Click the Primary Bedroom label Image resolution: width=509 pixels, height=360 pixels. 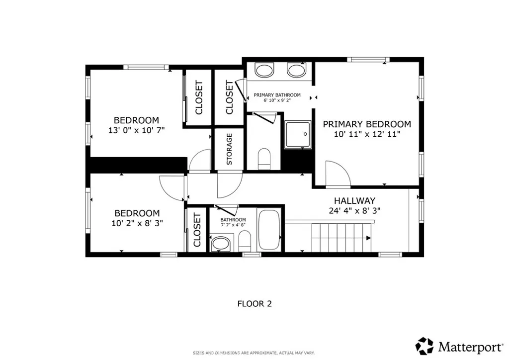click(x=367, y=124)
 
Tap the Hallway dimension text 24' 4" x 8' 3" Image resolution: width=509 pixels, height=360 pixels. click(x=354, y=211)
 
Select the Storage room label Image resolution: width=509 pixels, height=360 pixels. click(x=229, y=149)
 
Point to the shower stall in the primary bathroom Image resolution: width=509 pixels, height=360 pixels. click(x=298, y=135)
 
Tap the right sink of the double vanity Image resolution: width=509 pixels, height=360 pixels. click(x=296, y=70)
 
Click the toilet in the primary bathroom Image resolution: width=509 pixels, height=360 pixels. click(x=264, y=159)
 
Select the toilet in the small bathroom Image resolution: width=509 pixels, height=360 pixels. click(x=245, y=241)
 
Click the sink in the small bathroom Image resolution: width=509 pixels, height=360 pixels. click(x=221, y=244)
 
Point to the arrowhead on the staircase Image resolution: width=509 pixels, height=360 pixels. click(x=368, y=238)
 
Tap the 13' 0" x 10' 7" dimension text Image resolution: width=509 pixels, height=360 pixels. click(x=136, y=130)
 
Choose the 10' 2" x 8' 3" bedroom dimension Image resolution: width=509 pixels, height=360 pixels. click(x=137, y=223)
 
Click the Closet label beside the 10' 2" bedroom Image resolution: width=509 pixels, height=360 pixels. click(x=197, y=230)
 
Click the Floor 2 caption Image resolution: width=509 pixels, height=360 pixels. click(x=254, y=304)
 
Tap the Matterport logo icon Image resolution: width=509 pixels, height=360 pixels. click(x=424, y=346)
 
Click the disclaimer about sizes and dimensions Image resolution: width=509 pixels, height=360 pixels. click(x=254, y=353)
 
